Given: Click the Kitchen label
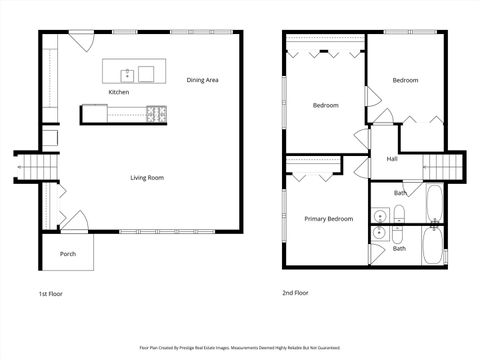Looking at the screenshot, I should pos(119,92).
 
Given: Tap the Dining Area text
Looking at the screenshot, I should pos(203,79).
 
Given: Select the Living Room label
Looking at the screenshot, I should pos(147,178).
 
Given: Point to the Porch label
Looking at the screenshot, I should pos(68,254).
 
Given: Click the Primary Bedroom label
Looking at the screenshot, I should pos(328,219).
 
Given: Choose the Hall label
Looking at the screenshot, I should pos(393,159).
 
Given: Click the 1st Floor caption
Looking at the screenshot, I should pos(52,293).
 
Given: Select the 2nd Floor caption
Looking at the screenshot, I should pos(295,293).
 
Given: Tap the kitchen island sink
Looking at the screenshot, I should pos(128,73).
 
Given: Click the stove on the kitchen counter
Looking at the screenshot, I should pos(156,113).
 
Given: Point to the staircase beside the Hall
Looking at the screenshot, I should pos(447,166).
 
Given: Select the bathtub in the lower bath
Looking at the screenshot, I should pos(433,244).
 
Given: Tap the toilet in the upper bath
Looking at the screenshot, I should pos(398,211).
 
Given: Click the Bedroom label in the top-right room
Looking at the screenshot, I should pos(405,80).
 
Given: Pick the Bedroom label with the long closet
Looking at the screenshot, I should pos(325,105).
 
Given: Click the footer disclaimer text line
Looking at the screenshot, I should pos(239,348).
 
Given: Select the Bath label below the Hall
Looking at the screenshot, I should pos(400,192).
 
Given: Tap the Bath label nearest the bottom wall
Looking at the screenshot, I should pos(399,248).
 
